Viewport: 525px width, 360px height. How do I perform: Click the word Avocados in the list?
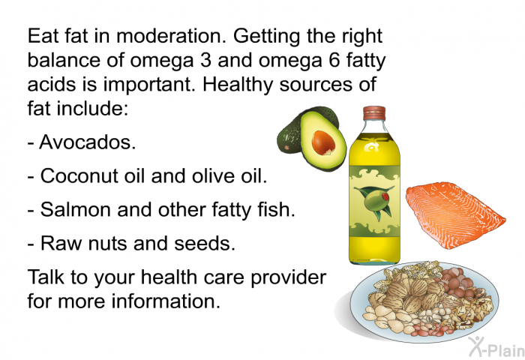(x=88, y=142)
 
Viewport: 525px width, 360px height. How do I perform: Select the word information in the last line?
(x=166, y=301)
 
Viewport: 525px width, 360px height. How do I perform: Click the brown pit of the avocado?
(x=323, y=142)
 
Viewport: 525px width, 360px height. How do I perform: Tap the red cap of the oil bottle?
(x=374, y=113)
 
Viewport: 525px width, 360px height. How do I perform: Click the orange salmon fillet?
(x=454, y=215)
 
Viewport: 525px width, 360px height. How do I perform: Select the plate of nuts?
(x=424, y=301)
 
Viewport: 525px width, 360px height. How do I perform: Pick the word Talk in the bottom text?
(x=46, y=277)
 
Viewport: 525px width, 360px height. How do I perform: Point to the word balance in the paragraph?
(x=64, y=60)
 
